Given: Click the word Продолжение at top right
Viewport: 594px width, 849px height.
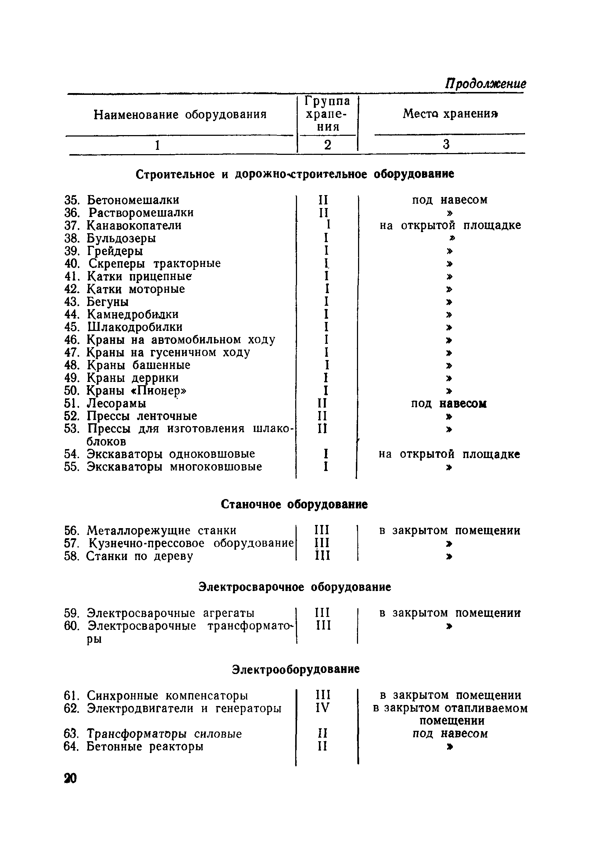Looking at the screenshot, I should (x=485, y=84).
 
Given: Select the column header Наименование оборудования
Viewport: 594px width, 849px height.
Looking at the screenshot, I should (x=180, y=115).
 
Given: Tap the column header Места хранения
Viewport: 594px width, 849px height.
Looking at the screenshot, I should (x=450, y=114).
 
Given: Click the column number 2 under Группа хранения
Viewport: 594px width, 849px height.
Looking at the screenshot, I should (x=328, y=144).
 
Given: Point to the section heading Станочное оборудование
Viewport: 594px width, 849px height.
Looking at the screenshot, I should (x=294, y=504).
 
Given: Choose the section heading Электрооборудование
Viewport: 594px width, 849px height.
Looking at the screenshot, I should (x=296, y=669).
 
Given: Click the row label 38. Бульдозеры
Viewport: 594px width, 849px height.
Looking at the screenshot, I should (x=110, y=238).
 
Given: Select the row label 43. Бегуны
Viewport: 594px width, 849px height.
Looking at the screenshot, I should (x=97, y=302).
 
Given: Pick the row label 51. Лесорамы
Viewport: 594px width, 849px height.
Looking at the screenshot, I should (x=105, y=403).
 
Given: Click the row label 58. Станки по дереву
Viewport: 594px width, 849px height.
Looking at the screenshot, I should (x=129, y=556).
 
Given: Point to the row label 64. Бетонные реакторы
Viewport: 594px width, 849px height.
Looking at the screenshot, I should (x=134, y=747).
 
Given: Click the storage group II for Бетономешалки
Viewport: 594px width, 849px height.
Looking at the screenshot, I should (x=323, y=200).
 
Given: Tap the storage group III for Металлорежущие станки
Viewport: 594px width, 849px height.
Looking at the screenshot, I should (x=322, y=530).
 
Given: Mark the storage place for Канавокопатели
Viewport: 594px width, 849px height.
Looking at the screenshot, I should (x=450, y=225).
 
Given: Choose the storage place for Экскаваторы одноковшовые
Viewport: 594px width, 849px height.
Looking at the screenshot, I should (x=449, y=454).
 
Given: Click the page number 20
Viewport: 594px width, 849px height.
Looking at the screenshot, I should (x=70, y=778).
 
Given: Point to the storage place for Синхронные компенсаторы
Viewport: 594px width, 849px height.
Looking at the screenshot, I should (x=450, y=695).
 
